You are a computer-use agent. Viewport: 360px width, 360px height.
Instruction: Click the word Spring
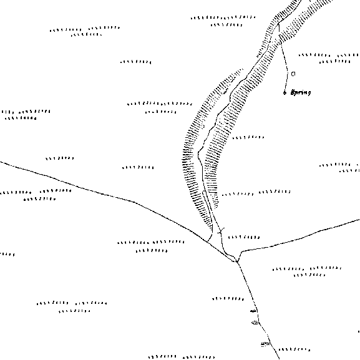click(301, 92)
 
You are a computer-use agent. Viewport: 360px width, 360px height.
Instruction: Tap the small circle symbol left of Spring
click(285, 93)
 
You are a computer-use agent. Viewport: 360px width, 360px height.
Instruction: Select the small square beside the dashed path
click(293, 74)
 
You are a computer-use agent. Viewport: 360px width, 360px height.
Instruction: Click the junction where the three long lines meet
click(236, 261)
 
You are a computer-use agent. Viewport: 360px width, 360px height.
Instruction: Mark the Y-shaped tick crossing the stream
click(221, 231)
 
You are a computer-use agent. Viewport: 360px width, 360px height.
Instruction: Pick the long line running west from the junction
click(115, 197)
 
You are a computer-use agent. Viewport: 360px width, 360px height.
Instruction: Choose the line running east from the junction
click(298, 239)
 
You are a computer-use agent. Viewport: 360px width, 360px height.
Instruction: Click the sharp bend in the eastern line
click(241, 251)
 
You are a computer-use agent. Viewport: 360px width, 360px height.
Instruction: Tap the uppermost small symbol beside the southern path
click(253, 311)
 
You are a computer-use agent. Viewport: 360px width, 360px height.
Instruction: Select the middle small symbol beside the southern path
click(255, 323)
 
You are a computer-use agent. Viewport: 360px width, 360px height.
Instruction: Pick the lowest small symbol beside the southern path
click(265, 344)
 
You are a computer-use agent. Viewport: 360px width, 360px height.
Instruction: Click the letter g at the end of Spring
click(309, 93)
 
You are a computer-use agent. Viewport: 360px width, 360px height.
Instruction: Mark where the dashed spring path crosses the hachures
click(281, 39)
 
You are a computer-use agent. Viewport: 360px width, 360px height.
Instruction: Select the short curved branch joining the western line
click(211, 234)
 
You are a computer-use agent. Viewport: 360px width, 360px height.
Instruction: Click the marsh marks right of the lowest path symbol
click(294, 349)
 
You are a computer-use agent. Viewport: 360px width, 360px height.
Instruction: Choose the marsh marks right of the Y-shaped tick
click(244, 237)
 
